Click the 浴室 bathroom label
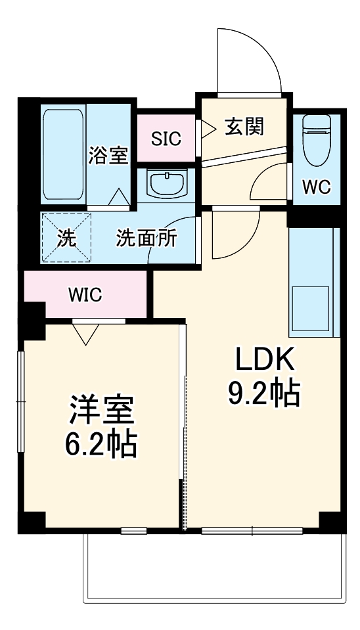[x=108, y=156]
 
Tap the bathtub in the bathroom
[x=63, y=156]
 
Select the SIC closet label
[x=166, y=139]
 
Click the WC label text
[x=316, y=187]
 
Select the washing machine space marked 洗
[x=66, y=238]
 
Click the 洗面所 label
[x=146, y=238]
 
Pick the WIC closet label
[x=85, y=295]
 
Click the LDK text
[x=263, y=361]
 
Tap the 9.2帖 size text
[x=263, y=393]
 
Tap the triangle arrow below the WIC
[x=85, y=334]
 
